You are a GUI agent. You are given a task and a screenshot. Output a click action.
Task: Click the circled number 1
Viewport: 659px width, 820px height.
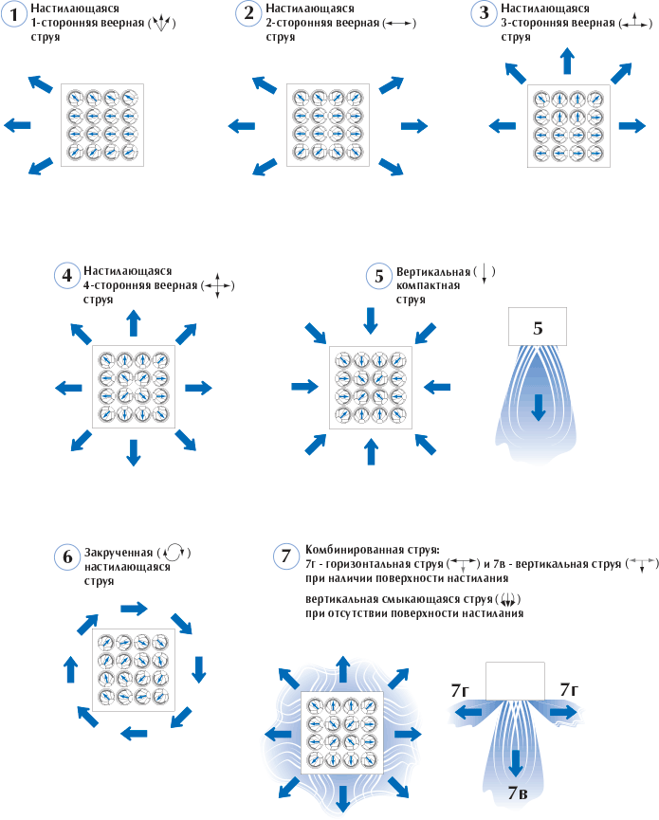[x=14, y=13]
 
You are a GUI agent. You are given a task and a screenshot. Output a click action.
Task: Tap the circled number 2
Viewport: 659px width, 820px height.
[x=248, y=13]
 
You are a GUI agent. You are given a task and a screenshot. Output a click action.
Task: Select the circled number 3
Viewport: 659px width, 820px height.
[x=484, y=13]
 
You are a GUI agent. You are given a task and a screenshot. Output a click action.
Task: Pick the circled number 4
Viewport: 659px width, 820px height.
[x=66, y=276]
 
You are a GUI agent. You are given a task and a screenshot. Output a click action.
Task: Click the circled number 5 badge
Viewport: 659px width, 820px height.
[x=378, y=276]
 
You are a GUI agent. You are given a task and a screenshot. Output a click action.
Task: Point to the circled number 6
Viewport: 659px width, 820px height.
[x=67, y=556]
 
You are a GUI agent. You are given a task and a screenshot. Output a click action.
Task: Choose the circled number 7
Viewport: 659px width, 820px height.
[x=287, y=556]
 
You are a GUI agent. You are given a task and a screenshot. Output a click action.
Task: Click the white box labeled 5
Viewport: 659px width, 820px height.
[x=538, y=328]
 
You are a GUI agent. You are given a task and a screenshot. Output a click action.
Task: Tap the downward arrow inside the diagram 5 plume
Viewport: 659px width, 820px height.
[x=539, y=407]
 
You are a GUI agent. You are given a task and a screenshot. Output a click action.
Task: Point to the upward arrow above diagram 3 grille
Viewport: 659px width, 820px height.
[x=567, y=62]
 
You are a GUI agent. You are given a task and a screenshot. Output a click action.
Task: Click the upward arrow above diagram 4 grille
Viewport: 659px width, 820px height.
[x=133, y=322]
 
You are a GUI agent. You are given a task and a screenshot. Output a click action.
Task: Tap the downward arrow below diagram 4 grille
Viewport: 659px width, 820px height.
[x=133, y=453]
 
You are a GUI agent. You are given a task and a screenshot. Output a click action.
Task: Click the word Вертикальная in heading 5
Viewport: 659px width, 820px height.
[x=431, y=271]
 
